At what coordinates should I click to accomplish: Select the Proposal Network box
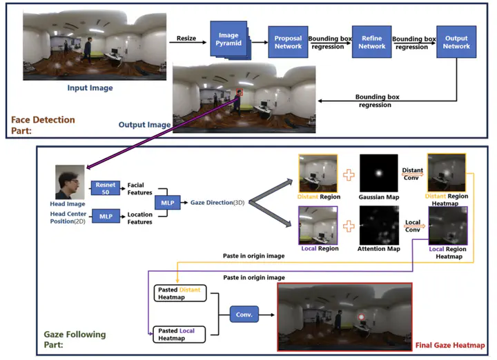pos(288,42)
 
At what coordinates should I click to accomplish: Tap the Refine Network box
pos(372,42)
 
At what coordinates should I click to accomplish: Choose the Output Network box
pos(456,42)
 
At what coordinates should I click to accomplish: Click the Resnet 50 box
pos(106,188)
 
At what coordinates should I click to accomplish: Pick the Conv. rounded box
pos(244,314)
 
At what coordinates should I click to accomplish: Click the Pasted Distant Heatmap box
pos(179,293)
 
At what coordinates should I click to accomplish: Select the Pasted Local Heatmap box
pos(179,334)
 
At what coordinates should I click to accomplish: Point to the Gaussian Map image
pos(379,173)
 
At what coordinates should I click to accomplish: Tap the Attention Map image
pos(379,225)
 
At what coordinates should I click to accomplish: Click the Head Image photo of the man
pos(70,182)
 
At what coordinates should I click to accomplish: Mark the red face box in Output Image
pos(240,92)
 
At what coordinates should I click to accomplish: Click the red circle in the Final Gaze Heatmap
pos(361,317)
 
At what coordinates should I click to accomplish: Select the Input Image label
pos(90,88)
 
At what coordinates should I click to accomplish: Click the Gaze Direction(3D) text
pos(217,203)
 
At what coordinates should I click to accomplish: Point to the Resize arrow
pos(188,42)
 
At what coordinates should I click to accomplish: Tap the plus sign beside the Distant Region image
pos(349,174)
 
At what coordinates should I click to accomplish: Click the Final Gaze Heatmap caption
pos(450,345)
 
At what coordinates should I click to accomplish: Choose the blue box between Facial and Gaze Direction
pos(167,203)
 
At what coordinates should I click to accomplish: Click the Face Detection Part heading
pos(43,125)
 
